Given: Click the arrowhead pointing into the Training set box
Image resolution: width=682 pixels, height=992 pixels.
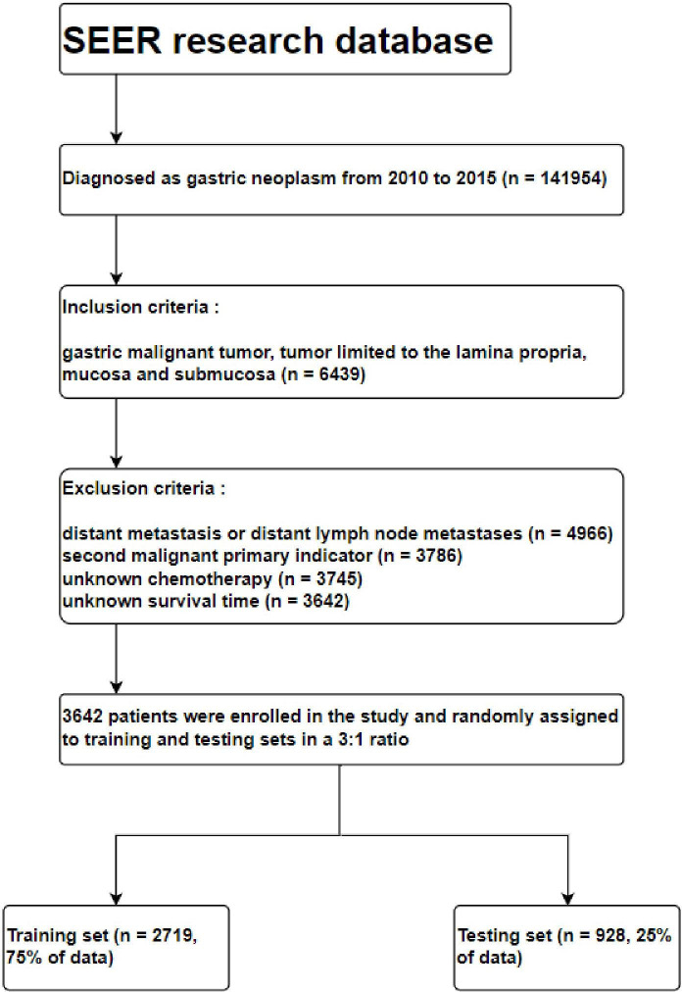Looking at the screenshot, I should click(117, 896).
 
